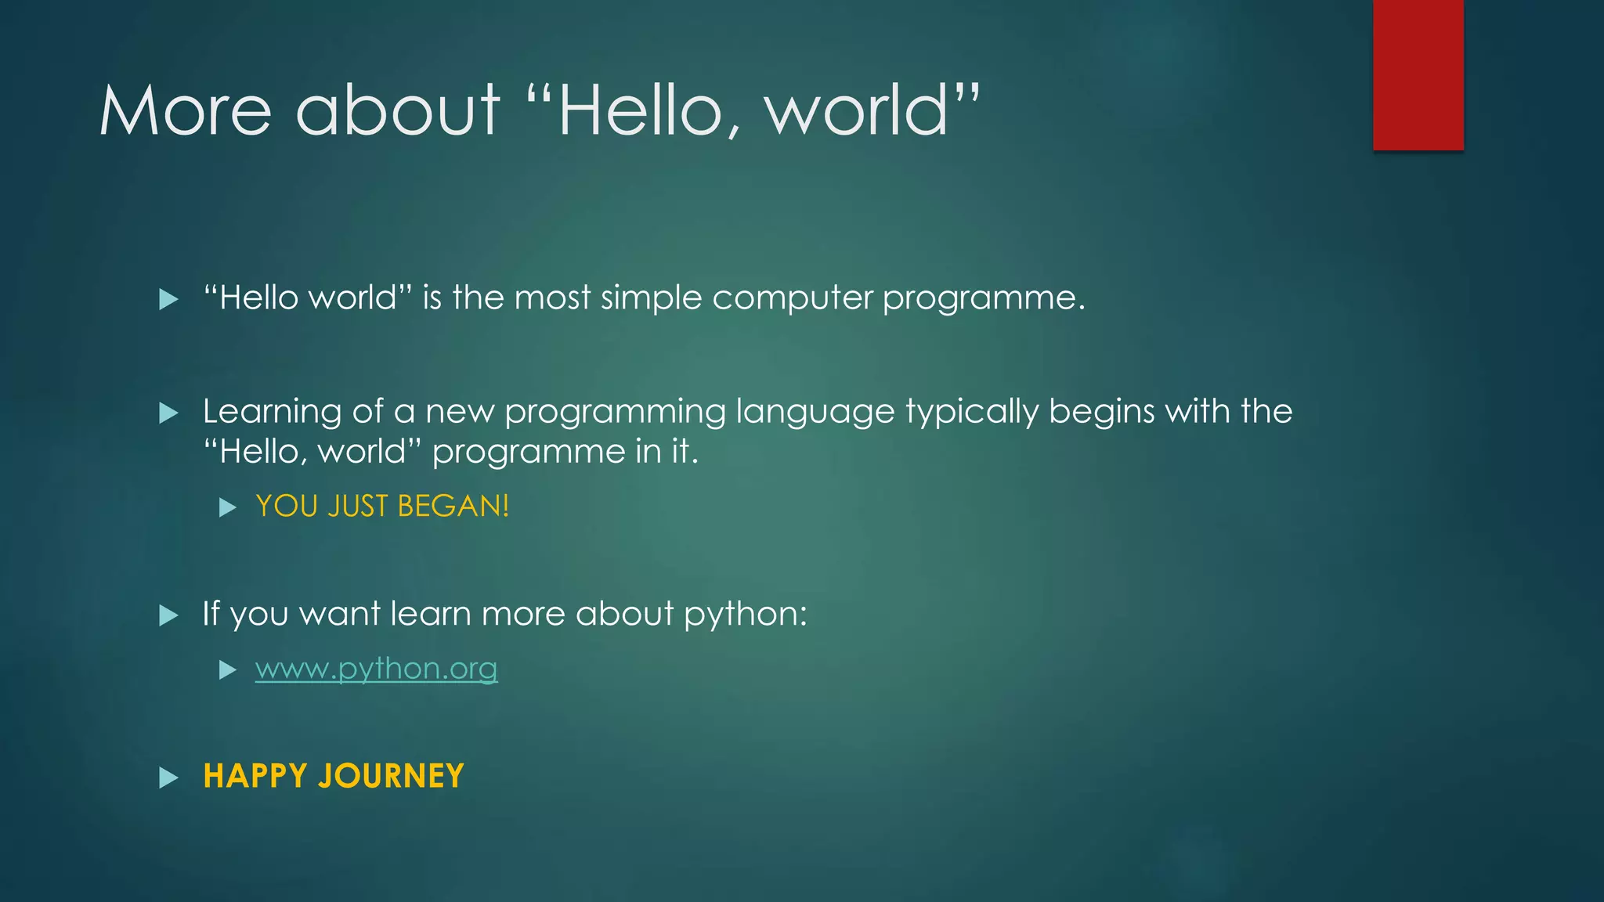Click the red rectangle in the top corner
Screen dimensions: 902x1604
point(1418,75)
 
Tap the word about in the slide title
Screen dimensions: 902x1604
point(397,111)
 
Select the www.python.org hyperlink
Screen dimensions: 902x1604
point(376,669)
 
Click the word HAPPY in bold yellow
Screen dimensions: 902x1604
point(255,776)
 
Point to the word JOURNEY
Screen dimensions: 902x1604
point(391,776)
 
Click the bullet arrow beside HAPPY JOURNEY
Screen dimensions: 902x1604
point(168,778)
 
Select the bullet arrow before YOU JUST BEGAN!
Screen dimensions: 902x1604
point(228,507)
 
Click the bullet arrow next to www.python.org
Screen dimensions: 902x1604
point(228,669)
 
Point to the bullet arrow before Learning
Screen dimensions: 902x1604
point(168,413)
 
